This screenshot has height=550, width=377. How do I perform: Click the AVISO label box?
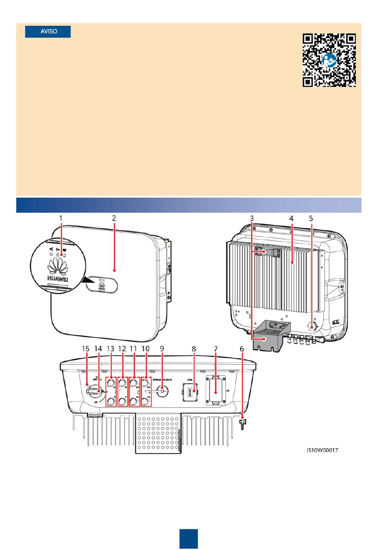pyautogui.click(x=48, y=32)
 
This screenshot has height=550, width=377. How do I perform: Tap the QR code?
pyautogui.click(x=329, y=60)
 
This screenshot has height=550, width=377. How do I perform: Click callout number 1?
pyautogui.click(x=61, y=218)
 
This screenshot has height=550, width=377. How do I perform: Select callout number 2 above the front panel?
pyautogui.click(x=114, y=218)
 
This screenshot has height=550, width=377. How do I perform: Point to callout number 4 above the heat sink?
pyautogui.click(x=291, y=218)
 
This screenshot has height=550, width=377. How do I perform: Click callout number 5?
pyautogui.click(x=311, y=218)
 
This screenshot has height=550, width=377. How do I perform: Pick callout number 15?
pyautogui.click(x=86, y=348)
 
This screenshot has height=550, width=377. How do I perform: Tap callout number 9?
pyautogui.click(x=162, y=348)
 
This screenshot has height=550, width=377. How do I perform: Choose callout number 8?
pyautogui.click(x=194, y=348)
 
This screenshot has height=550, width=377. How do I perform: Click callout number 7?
pyautogui.click(x=216, y=348)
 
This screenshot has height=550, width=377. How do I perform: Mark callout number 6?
pyautogui.click(x=242, y=348)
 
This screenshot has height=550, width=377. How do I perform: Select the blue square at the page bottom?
pyautogui.click(x=188, y=538)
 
